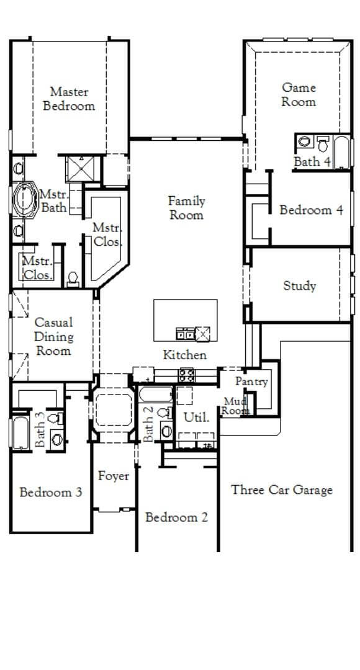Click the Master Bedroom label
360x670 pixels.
tap(69, 99)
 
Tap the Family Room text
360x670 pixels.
tap(186, 208)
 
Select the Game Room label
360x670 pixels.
tap(299, 95)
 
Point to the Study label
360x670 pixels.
tap(300, 286)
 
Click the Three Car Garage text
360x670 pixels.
tap(282, 490)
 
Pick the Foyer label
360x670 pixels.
tap(114, 476)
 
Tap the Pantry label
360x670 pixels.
tap(251, 382)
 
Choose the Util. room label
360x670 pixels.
tap(196, 418)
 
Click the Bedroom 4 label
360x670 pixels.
tap(311, 210)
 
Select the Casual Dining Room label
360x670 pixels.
tap(53, 336)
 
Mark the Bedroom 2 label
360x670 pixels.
tap(176, 517)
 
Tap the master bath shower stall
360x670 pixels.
tap(80, 167)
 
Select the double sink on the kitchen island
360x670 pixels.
tap(186, 334)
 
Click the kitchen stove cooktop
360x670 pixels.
tap(186, 374)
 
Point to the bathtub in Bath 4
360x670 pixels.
tap(342, 153)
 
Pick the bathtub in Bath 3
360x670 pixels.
tap(19, 432)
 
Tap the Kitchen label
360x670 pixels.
tap(185, 355)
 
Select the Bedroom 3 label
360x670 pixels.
tap(50, 493)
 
